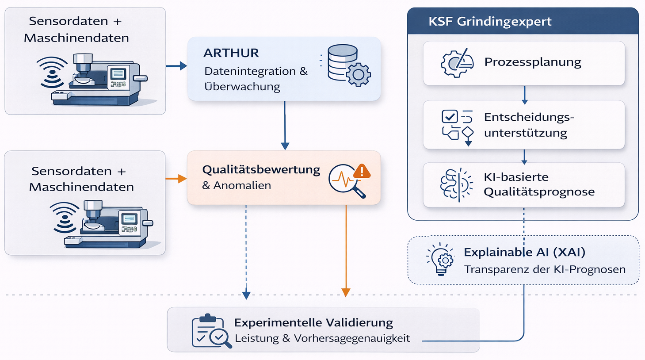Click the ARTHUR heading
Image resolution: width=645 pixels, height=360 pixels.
pyautogui.click(x=231, y=53)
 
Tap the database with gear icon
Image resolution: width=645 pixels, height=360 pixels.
pyautogui.click(x=349, y=65)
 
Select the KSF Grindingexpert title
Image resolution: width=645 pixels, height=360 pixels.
pyautogui.click(x=490, y=21)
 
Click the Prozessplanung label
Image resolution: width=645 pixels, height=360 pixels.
pyautogui.click(x=532, y=62)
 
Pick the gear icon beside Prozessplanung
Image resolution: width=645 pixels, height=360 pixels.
pyautogui.click(x=457, y=63)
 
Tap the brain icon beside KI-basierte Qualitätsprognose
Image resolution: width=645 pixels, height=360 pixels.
pyautogui.click(x=456, y=184)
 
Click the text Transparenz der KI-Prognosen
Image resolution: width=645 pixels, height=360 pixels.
pyautogui.click(x=545, y=269)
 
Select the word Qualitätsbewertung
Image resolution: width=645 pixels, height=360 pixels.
pyautogui.click(x=261, y=170)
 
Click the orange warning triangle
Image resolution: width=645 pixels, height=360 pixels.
pyautogui.click(x=362, y=171)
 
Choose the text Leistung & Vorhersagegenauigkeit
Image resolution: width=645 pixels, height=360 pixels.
pyautogui.click(x=322, y=338)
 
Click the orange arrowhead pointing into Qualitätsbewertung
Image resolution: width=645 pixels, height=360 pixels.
pyautogui.click(x=182, y=179)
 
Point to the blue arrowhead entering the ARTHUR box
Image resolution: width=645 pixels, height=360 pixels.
pyautogui.click(x=183, y=66)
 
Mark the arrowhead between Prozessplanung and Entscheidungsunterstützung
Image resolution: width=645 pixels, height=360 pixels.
pyautogui.click(x=524, y=102)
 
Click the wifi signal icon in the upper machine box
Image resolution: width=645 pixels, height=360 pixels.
pyautogui.click(x=52, y=72)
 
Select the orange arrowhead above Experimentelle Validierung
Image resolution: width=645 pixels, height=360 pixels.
pyautogui.click(x=346, y=292)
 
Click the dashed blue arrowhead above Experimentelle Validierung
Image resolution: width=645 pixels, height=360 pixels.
pyautogui.click(x=246, y=295)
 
